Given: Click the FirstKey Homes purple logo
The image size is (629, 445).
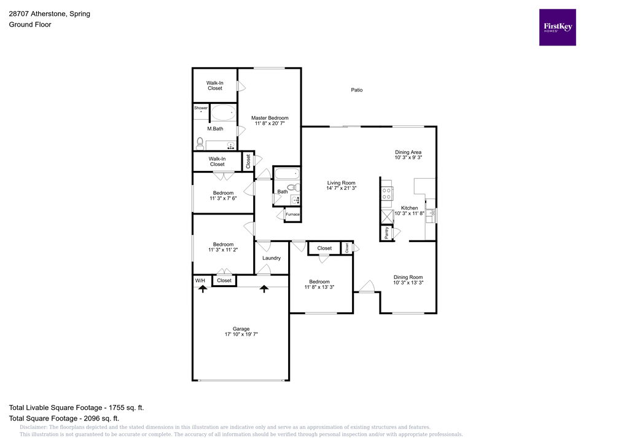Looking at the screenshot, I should tap(557, 27).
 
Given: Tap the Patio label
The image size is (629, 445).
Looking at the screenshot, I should tap(356, 90).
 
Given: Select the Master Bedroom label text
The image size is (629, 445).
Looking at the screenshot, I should tap(270, 118).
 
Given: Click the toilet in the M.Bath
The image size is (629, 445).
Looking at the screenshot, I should tap(200, 143).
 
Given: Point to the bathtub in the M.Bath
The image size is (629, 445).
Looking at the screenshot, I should tap(224, 112).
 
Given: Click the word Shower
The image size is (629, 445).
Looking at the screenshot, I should tap(201, 108).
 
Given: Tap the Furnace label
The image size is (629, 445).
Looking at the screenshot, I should tap(292, 215).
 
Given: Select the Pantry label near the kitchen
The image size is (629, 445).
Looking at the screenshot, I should tap(386, 233).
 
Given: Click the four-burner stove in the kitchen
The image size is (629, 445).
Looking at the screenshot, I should tap(387, 194).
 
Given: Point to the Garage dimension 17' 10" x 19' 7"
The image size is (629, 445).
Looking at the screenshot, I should tap(241, 335).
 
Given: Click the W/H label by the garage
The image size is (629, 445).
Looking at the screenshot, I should tap(200, 281).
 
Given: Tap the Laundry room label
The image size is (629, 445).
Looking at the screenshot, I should tap(272, 258).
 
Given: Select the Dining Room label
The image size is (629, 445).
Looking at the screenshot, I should tap(408, 277).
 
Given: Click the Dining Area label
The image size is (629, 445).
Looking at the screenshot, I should tap(408, 152).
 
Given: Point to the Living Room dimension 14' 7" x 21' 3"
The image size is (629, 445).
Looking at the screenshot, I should tap(341, 189).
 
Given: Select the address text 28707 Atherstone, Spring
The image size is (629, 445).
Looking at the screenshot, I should tap(49, 14).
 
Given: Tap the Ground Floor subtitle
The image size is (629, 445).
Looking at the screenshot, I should tap(29, 25).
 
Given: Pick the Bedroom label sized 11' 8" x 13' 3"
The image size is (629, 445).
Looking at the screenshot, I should tap(319, 282).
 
